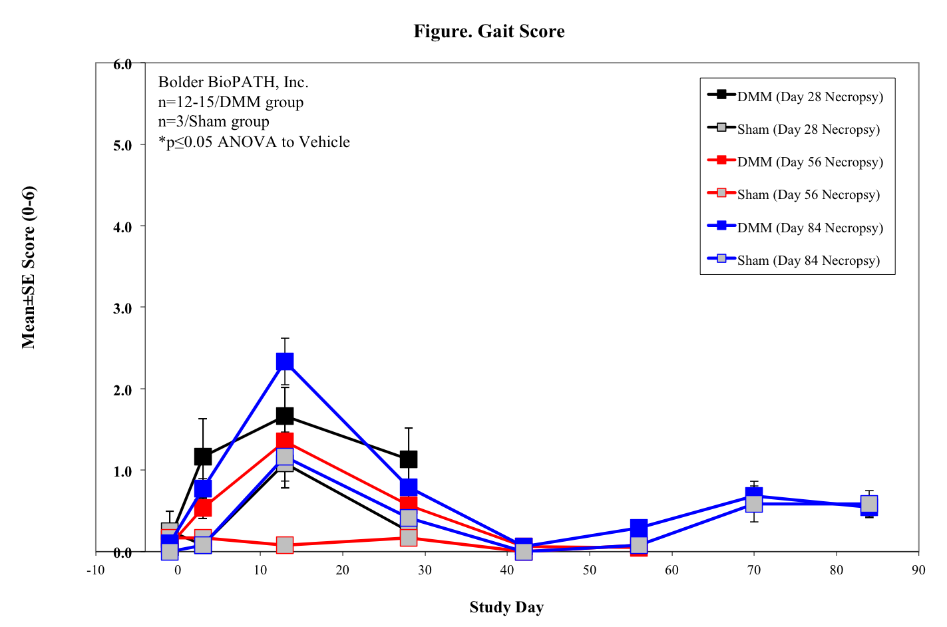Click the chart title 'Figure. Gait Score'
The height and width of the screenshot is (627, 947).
[x=488, y=31]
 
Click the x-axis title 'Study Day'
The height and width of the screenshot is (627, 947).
[x=506, y=607]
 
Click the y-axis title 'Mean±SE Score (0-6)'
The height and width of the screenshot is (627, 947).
[x=29, y=267]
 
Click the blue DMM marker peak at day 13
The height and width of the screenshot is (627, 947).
[x=285, y=361]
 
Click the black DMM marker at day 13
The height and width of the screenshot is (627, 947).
[x=285, y=416]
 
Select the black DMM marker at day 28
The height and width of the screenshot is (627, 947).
[x=409, y=459]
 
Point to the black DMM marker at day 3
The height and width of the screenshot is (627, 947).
[x=203, y=457]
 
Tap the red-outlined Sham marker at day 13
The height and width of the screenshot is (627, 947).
[x=285, y=545]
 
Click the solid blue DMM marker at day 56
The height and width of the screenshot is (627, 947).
[x=639, y=528]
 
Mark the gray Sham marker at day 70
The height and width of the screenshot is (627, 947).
[x=754, y=503]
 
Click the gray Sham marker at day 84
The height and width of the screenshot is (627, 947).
[x=869, y=504]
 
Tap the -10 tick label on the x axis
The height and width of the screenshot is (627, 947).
[x=96, y=570]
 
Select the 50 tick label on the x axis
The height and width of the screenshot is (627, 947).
[x=590, y=570]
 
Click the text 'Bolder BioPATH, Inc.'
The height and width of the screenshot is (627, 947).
[x=233, y=82]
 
